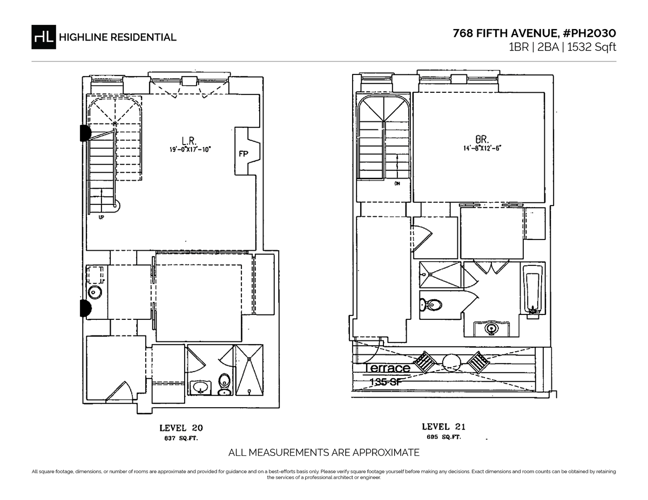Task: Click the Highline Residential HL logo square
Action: click(x=44, y=37)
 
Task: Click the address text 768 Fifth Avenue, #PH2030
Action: click(x=534, y=33)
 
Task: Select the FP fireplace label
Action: click(x=243, y=154)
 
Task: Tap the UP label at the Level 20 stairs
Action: click(x=101, y=218)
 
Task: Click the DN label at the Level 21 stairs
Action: click(x=397, y=184)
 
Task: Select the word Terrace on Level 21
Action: click(x=388, y=368)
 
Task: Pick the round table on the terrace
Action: click(x=450, y=361)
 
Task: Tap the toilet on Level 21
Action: click(x=432, y=305)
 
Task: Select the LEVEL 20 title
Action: click(x=181, y=428)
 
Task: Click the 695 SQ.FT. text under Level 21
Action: click(x=441, y=437)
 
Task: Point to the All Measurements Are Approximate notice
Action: click(x=324, y=453)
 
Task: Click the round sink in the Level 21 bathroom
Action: click(x=491, y=327)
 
